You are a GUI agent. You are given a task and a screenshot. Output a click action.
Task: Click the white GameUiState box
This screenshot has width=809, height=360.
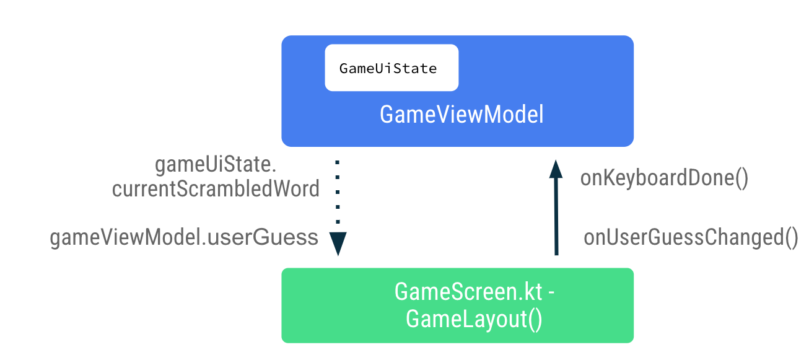(391, 68)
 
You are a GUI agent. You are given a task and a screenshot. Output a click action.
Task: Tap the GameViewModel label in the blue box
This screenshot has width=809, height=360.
(461, 115)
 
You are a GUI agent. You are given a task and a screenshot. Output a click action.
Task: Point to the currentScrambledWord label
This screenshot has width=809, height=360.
(216, 189)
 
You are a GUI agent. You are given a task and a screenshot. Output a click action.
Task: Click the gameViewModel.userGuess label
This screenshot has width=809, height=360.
(184, 237)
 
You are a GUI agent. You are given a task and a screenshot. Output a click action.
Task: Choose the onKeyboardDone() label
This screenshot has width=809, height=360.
(665, 178)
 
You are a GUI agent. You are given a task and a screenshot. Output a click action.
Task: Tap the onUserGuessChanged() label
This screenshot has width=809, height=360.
(691, 238)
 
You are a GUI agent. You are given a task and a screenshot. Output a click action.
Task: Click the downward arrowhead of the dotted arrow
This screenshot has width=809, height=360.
(338, 244)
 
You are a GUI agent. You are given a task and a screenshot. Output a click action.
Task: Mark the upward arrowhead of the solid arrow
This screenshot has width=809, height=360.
(556, 168)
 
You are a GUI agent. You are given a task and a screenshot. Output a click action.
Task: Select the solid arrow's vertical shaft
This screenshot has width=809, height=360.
(556, 217)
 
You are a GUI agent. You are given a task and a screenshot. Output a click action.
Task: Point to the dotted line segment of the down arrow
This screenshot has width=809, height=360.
(338, 192)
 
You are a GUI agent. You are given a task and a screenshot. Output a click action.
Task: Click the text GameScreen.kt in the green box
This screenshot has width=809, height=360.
(468, 292)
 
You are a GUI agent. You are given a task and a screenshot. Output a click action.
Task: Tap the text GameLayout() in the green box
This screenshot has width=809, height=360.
(474, 320)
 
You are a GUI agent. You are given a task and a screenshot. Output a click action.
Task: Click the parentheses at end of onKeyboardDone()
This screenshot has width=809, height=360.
(742, 178)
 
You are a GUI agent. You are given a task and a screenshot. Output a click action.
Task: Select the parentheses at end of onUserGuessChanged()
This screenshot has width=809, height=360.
(792, 238)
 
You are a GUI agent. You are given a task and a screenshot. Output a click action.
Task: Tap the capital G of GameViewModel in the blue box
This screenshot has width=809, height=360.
(387, 115)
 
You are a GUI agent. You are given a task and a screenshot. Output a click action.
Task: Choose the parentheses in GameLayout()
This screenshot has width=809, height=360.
(535, 320)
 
